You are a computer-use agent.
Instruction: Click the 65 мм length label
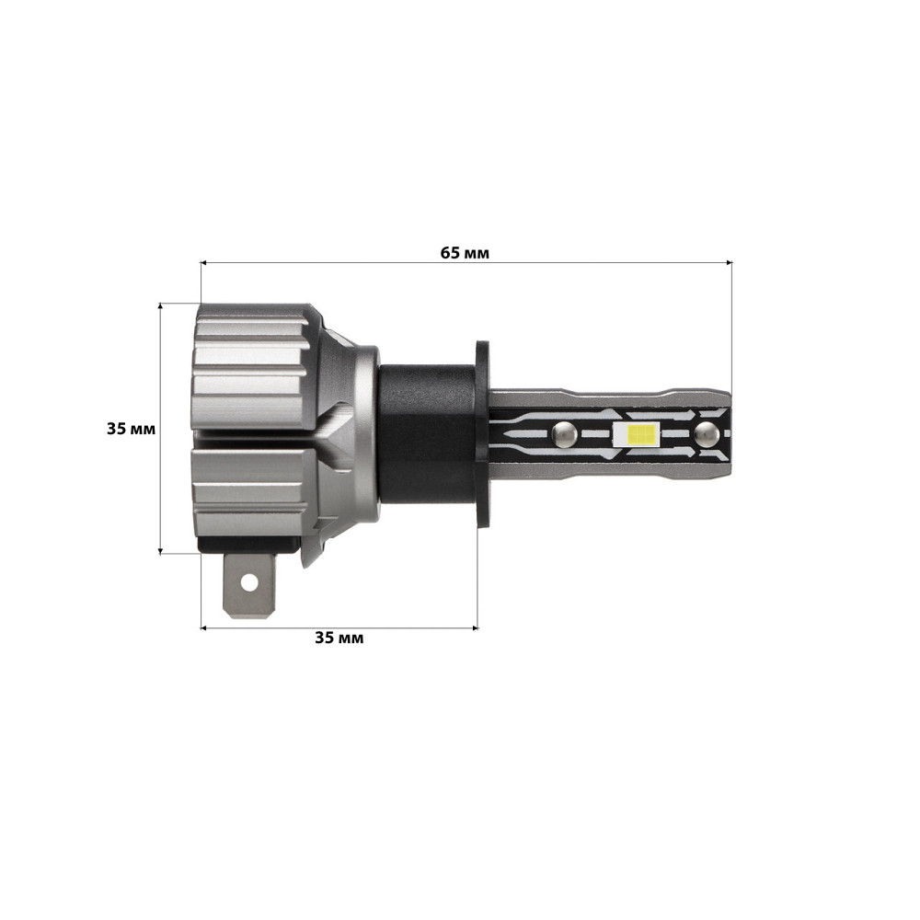(465, 253)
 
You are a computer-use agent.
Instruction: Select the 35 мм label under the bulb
(339, 638)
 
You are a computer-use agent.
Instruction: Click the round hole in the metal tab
(248, 581)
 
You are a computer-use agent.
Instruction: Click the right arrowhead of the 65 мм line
(728, 263)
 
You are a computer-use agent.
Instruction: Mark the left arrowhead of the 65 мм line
(204, 263)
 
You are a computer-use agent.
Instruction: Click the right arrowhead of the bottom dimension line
(475, 628)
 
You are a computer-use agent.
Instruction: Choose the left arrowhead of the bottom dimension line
(204, 628)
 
